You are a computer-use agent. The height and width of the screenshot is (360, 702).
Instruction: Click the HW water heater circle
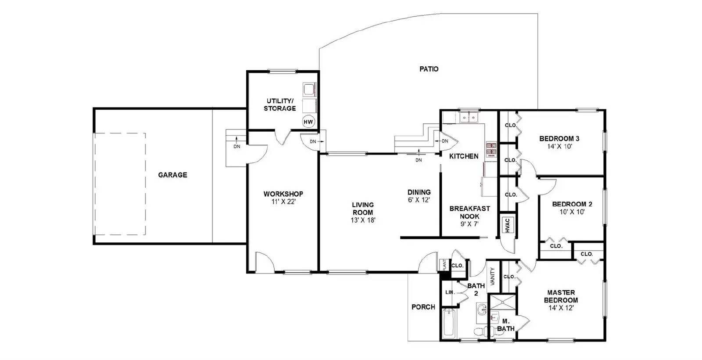click(x=308, y=122)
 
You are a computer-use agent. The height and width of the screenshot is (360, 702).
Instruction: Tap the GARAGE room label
click(x=172, y=175)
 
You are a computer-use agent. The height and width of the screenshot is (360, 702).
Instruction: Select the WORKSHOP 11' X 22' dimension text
click(x=283, y=202)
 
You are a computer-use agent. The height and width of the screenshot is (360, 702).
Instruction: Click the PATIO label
click(x=429, y=69)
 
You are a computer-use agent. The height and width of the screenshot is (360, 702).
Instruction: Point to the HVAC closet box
click(x=507, y=226)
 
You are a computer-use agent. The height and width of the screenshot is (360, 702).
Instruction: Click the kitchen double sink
click(x=469, y=118)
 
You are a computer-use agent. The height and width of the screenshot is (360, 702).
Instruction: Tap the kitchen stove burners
click(x=491, y=149)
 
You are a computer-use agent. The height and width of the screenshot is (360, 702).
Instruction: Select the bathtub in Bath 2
click(x=448, y=324)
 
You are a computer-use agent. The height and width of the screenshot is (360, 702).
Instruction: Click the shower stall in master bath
click(x=503, y=302)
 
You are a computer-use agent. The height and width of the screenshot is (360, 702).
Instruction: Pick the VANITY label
click(x=492, y=277)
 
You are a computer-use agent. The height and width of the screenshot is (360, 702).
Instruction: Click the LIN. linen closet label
click(x=449, y=292)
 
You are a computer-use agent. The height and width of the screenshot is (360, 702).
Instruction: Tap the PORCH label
click(x=423, y=307)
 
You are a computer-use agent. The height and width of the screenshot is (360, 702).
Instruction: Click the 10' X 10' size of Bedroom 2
click(x=572, y=212)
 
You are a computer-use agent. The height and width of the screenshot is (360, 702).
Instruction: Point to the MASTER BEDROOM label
click(x=561, y=296)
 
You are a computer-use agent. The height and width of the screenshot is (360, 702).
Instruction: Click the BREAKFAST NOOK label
click(x=469, y=212)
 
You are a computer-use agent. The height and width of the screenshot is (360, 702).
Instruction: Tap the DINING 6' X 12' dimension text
click(x=419, y=200)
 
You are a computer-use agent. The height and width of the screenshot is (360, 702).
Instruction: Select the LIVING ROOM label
click(x=363, y=209)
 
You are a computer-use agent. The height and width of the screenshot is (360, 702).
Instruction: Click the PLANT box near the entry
click(x=444, y=265)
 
